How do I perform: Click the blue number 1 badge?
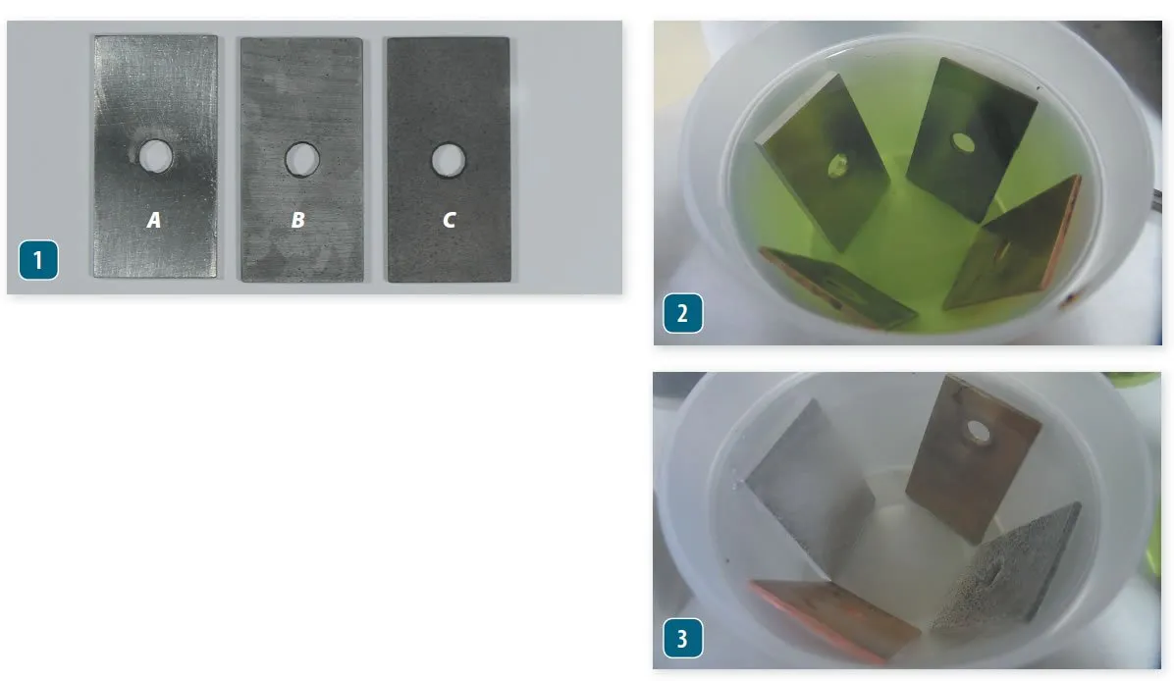click(x=37, y=261)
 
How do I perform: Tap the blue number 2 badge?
click(x=682, y=316)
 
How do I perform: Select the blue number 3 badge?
click(x=682, y=640)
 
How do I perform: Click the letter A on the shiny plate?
click(x=154, y=221)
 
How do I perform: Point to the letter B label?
click(x=297, y=221)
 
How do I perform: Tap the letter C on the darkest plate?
click(x=449, y=221)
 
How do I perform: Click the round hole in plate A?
click(x=154, y=154)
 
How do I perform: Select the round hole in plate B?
click(x=300, y=158)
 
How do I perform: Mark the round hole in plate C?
click(x=448, y=158)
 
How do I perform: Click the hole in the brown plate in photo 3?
click(x=977, y=430)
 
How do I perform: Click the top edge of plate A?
click(x=155, y=37)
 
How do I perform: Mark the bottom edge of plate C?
click(x=448, y=281)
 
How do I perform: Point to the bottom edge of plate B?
click(x=301, y=280)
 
